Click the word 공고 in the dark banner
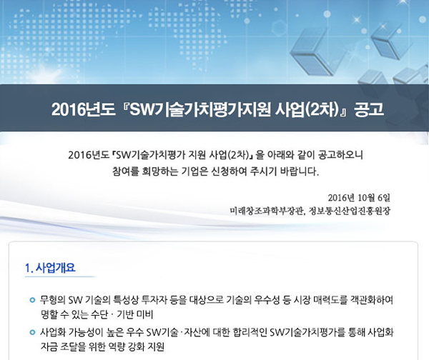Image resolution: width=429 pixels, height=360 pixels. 369,109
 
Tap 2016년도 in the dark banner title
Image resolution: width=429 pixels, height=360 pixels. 83,109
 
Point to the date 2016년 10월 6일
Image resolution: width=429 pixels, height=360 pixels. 359,198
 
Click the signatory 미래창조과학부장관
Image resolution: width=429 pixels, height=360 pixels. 267,211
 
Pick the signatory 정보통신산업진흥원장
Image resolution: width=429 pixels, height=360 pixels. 350,211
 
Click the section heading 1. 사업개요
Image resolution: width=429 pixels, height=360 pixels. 50,268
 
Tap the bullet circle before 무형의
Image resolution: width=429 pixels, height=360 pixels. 32,300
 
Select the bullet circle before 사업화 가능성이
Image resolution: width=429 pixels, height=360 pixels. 32,332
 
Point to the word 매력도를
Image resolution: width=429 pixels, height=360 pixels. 330,300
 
